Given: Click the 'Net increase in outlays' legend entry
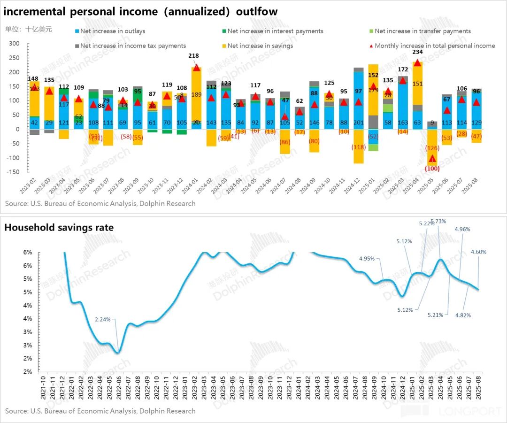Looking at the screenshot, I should pos(113,31).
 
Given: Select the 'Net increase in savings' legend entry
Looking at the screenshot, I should pos(260,46).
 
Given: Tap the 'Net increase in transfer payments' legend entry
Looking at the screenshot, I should pos(422,31).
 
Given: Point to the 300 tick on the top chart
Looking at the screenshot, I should pos(14,44).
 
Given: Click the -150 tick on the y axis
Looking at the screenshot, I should pos(13,172).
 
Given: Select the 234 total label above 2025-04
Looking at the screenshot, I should pos(417,52).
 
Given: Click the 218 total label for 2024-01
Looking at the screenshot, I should pos(193,55).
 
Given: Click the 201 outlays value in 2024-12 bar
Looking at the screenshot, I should pos(359,123).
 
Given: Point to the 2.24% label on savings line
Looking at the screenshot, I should pos(103,320).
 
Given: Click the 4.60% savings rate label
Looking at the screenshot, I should pos(479,252).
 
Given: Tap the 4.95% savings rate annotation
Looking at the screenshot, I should pos(367,258).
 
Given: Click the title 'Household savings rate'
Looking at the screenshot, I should pos(59,228).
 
